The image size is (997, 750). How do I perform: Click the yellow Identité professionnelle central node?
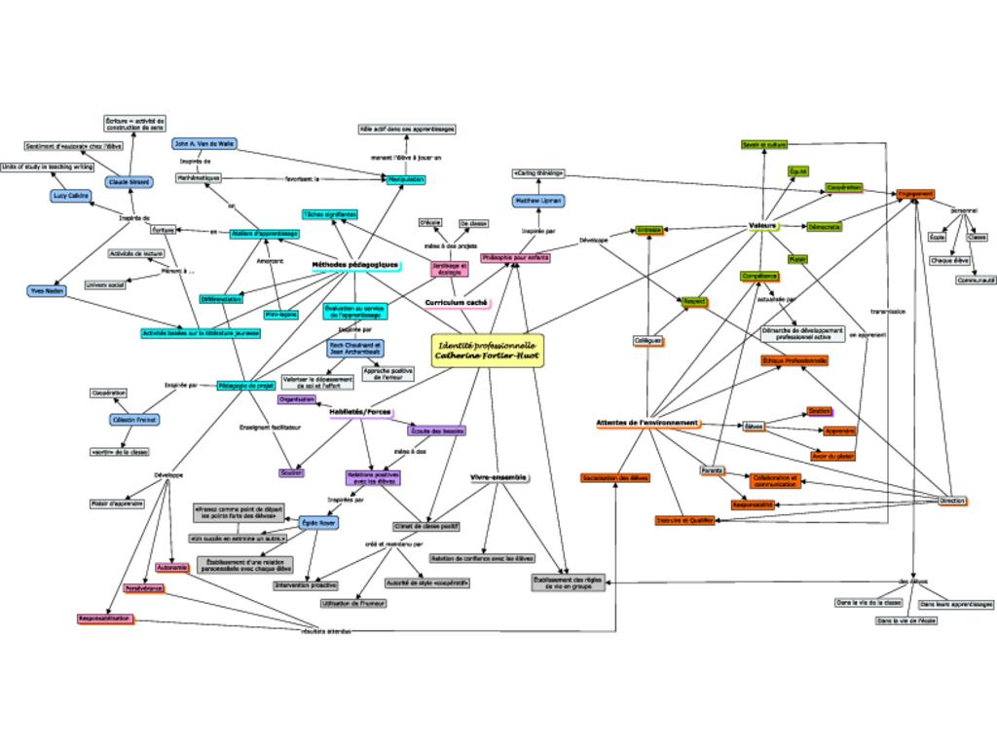[487, 351]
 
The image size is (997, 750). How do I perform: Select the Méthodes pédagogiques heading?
[354, 265]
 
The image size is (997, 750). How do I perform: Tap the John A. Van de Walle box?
[204, 143]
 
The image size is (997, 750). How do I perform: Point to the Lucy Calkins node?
[71, 196]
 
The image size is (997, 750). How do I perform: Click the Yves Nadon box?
[47, 290]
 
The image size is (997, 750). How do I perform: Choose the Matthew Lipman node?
[539, 201]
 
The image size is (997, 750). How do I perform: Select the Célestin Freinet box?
[134, 420]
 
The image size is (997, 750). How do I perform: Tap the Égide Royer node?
[318, 523]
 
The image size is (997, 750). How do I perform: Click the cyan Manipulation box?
[406, 180]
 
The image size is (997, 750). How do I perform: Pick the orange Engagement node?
[915, 194]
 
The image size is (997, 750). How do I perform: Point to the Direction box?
[952, 501]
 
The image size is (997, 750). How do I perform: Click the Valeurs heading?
[763, 225]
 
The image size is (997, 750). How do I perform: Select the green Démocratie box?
[823, 227]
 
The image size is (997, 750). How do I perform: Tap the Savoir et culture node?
[763, 145]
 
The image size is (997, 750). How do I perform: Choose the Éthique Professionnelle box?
[795, 360]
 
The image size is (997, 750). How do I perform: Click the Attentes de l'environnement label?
[646, 423]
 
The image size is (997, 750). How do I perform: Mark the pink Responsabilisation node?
[105, 619]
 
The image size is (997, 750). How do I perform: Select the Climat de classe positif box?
[426, 526]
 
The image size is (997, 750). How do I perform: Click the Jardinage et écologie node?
[450, 268]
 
